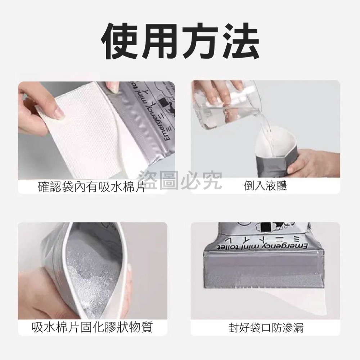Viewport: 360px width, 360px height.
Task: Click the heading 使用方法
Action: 180,39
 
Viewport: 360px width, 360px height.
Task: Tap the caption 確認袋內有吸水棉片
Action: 92,187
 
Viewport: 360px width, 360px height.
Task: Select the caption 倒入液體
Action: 265,186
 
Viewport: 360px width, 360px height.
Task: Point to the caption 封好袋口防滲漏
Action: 266,328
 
